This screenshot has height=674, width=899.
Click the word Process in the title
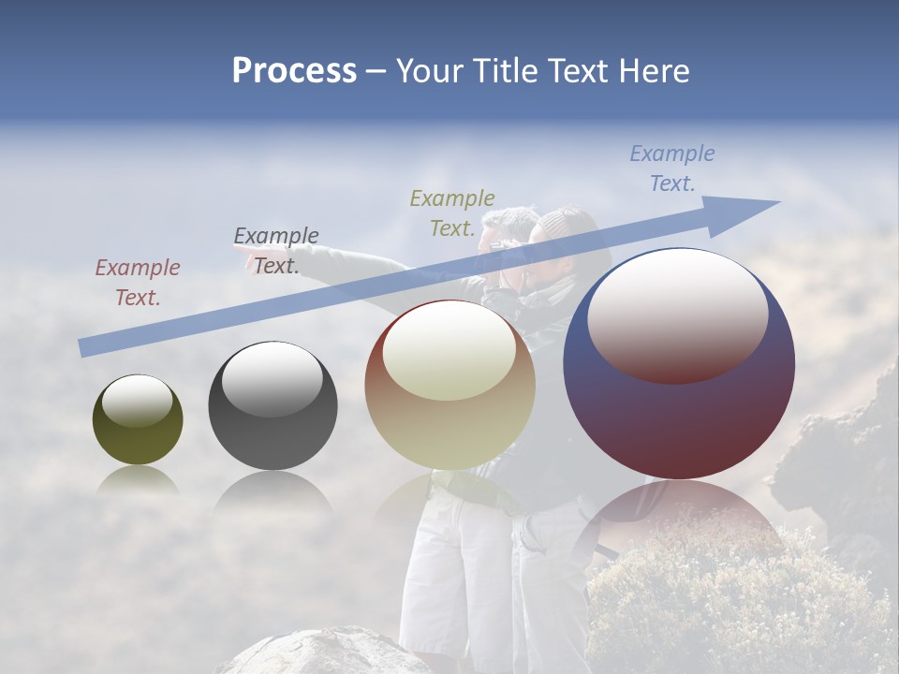point(294,70)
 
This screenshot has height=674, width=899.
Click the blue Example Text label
point(671,168)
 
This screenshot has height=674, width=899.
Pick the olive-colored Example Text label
point(452,213)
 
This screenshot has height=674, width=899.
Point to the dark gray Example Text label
point(275,251)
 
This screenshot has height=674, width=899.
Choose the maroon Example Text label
point(137,283)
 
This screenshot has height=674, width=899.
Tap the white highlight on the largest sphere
point(677,314)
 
